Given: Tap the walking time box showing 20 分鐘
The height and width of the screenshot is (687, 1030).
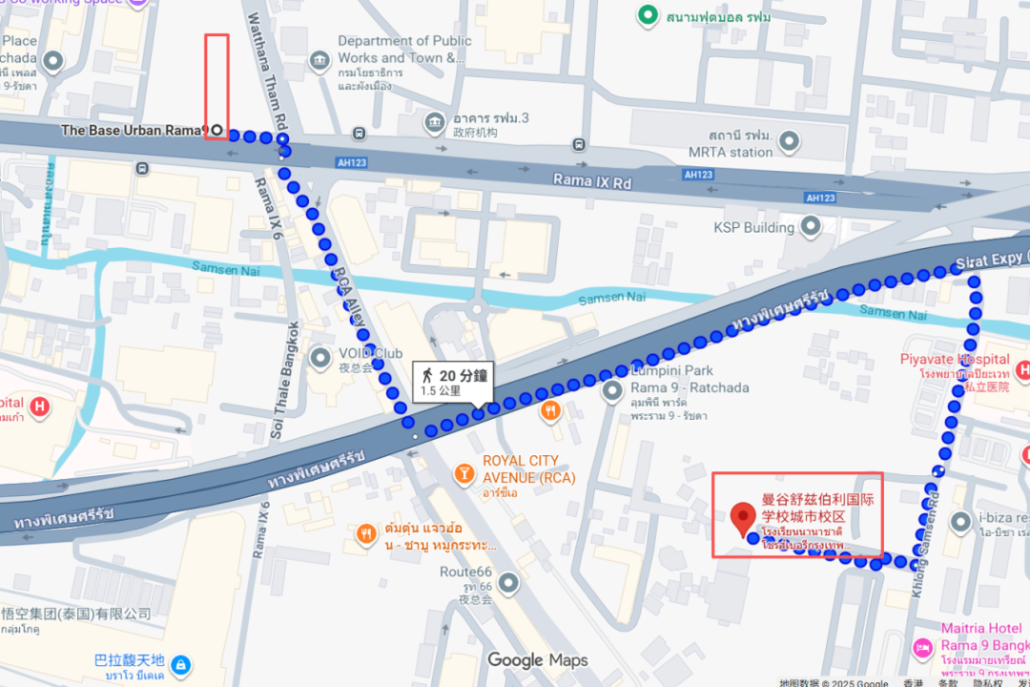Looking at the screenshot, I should (452, 382).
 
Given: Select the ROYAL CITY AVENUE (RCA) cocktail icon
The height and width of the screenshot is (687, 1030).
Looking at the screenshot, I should (463, 471).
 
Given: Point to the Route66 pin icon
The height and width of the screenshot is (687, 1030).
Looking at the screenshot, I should (509, 581).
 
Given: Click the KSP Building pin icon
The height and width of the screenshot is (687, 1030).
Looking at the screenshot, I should (811, 227).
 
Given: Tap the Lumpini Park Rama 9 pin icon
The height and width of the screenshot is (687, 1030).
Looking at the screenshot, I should (612, 389).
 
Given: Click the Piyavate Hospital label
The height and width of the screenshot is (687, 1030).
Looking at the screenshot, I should (955, 359).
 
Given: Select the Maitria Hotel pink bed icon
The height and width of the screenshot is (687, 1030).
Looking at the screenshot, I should (923, 649).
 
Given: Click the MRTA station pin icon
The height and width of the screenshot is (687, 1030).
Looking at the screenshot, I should (789, 142).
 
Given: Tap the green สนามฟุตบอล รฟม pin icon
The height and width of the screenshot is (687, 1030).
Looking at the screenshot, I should (649, 15).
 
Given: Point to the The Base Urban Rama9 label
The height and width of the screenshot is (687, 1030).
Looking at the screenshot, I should (134, 130).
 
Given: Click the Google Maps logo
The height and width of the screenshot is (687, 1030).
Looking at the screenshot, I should (538, 659).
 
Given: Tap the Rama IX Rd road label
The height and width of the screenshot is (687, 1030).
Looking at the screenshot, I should (592, 179).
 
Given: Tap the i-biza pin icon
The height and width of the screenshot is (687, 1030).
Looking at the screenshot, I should (961, 520).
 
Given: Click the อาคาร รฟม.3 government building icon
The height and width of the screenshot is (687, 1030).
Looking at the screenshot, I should (435, 122).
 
